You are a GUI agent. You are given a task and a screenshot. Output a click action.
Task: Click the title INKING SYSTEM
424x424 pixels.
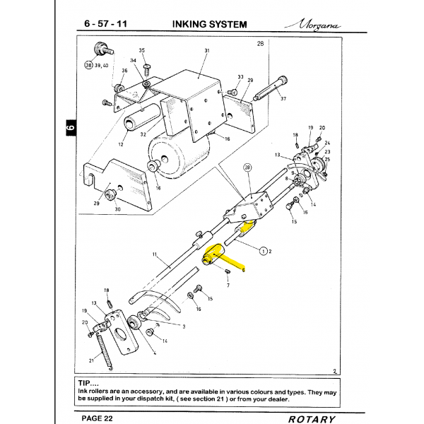tap(210, 24)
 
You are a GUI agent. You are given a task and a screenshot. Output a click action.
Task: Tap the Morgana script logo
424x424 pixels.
tap(313, 25)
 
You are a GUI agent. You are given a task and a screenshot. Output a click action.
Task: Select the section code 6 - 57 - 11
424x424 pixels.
tap(106, 24)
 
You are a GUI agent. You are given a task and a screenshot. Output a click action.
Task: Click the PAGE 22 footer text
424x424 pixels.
tap(97, 418)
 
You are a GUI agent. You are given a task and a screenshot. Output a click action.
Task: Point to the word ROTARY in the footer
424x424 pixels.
tap(312, 419)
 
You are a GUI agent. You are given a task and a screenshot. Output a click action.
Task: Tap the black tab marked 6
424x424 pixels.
tap(71, 128)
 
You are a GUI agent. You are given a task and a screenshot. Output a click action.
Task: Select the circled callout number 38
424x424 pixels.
tap(89, 65)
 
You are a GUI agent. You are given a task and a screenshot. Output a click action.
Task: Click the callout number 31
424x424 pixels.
tap(207, 51)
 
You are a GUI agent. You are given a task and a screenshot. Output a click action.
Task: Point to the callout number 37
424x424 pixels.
tap(283, 99)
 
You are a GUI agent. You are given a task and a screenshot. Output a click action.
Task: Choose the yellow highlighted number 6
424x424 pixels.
tap(243, 270)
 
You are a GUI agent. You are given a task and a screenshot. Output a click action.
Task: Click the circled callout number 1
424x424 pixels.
tap(263, 251)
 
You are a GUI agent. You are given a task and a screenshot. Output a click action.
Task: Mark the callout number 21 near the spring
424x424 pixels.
tap(91, 360)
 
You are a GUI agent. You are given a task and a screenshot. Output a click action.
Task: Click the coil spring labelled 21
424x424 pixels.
tap(105, 352)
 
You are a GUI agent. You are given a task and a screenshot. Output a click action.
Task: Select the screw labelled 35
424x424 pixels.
tap(147, 69)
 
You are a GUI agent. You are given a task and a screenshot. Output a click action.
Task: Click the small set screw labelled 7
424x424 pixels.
tap(228, 271)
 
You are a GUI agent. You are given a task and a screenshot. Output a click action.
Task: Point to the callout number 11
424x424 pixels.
tap(155, 254)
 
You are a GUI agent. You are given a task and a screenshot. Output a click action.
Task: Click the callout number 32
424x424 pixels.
tap(143, 134)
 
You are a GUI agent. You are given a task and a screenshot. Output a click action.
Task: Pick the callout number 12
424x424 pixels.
tap(121, 144)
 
